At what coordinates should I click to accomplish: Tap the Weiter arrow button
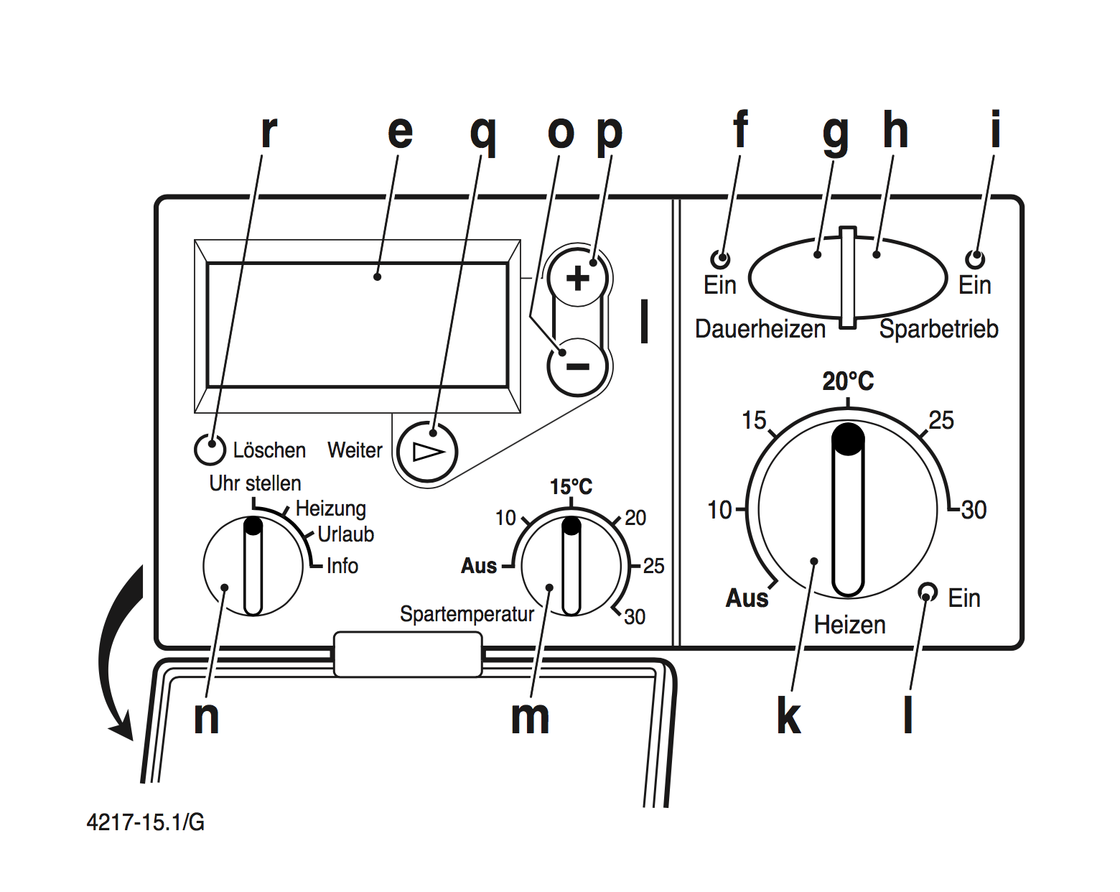click(427, 452)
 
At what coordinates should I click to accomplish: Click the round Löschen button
click(210, 450)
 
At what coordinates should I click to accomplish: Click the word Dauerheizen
click(760, 329)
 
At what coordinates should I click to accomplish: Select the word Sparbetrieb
click(938, 329)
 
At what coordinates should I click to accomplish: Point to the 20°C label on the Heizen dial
click(848, 381)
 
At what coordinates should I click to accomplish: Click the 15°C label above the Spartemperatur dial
click(571, 487)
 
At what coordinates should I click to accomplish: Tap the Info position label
click(342, 566)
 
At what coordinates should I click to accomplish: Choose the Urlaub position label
click(345, 534)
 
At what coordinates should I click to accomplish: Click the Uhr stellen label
click(255, 483)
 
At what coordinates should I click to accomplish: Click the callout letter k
click(788, 716)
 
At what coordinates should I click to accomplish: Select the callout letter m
click(530, 717)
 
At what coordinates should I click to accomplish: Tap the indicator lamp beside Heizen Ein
click(928, 592)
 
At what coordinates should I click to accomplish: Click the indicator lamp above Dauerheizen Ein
click(719, 259)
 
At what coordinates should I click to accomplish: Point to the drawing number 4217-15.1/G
click(145, 822)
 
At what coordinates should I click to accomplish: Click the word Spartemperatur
click(467, 614)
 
